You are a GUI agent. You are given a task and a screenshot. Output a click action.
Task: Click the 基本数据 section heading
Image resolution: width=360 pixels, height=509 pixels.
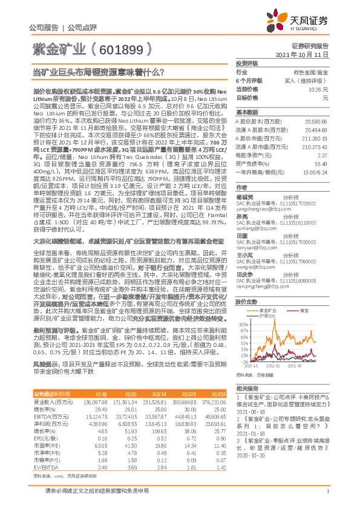pyautogui.click(x=247, y=112)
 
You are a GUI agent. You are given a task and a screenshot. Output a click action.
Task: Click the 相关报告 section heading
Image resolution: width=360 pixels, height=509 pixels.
pyautogui.click(x=247, y=387)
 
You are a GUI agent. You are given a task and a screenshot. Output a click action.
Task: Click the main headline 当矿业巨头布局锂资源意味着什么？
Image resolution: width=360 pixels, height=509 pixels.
pyautogui.click(x=99, y=72)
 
